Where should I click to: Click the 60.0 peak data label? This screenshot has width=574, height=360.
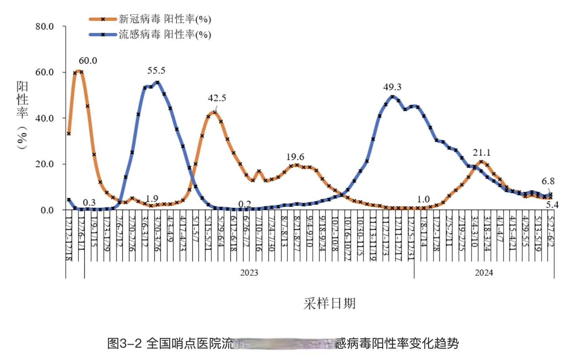88,61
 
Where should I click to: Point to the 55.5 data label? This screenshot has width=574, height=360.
156,71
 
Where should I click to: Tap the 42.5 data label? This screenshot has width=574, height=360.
217,98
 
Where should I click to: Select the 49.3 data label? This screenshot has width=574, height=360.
392,87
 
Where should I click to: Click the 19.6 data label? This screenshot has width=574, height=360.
295,157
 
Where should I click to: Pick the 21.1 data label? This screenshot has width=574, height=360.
481,153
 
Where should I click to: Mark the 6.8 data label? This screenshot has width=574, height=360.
548,181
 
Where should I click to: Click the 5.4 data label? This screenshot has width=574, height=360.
552,205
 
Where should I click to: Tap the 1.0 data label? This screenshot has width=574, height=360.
423,199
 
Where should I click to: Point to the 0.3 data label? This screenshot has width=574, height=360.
89,203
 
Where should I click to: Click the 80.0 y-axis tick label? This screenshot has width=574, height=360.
44,27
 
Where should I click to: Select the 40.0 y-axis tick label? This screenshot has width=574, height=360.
44,118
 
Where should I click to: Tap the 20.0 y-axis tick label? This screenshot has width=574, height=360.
44,164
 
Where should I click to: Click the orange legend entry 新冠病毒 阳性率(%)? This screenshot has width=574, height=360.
165,19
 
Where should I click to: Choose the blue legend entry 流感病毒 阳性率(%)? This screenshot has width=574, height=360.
165,34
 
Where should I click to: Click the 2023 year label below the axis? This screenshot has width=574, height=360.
249,273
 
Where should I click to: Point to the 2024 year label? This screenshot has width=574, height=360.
484,273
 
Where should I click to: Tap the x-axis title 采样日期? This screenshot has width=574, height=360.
329,303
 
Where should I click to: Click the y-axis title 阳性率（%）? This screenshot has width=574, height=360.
22,114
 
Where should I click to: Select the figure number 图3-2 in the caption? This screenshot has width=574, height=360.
124,343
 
